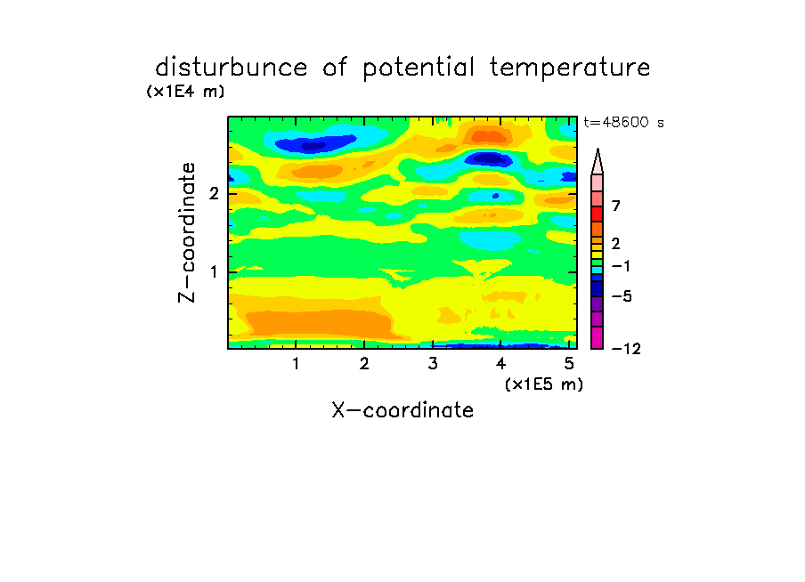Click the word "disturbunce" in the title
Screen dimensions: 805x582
coord(232,68)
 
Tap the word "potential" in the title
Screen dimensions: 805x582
coord(419,69)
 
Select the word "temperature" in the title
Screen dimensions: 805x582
coord(570,69)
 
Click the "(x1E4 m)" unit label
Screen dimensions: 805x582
coord(185,92)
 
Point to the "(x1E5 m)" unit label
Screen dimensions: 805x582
coord(544,384)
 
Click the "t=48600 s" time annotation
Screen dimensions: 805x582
coord(623,123)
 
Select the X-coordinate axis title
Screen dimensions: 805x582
coord(402,410)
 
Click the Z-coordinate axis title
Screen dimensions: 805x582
coord(187,232)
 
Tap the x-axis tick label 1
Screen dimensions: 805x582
coord(296,364)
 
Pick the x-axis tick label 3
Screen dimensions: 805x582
coord(433,364)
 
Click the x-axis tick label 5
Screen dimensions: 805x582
coord(569,364)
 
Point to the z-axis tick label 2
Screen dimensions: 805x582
coord(214,194)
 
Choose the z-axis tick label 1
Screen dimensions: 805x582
coord(214,272)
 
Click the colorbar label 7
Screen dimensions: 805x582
coord(616,206)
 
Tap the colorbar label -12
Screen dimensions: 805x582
coord(626,349)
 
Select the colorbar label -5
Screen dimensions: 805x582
coord(622,296)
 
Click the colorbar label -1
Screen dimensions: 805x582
coord(621,266)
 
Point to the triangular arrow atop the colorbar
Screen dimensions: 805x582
coord(598,161)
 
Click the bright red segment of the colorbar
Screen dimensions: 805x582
coord(598,214)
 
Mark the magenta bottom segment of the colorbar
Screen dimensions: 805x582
coord(598,337)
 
